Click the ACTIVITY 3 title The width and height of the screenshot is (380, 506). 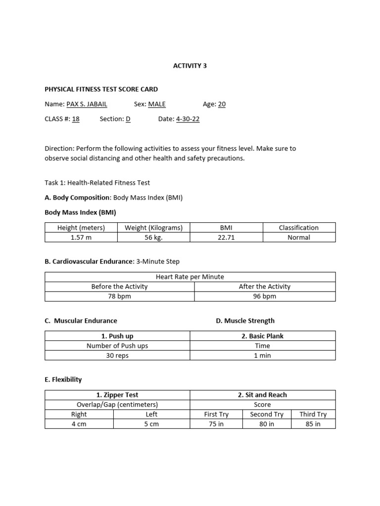tap(190, 65)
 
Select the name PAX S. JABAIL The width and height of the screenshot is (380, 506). tap(87, 104)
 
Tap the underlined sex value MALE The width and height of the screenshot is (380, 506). tap(157, 104)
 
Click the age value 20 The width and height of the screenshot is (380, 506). tap(222, 104)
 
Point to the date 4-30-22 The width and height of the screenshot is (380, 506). tap(188, 119)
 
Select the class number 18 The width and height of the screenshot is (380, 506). tap(76, 119)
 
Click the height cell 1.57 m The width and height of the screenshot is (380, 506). tap(81, 237)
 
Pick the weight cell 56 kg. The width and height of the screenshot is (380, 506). tap(153, 237)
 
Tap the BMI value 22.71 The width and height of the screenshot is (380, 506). tap(226, 237)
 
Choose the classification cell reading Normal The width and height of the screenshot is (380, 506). tap(298, 237)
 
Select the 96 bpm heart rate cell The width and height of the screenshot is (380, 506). tap(264, 296)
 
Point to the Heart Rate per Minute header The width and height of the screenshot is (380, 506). tap(190, 277)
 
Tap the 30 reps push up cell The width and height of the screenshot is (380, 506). tap(117, 356)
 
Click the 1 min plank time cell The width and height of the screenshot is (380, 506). tap(262, 356)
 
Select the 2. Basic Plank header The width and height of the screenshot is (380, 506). tap(262, 336)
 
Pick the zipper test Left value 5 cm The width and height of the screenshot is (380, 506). tap(151, 424)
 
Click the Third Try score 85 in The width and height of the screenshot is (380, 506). tap(313, 424)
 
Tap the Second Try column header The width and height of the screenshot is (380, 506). tap(267, 414)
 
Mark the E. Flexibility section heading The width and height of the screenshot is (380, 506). tap(63, 379)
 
